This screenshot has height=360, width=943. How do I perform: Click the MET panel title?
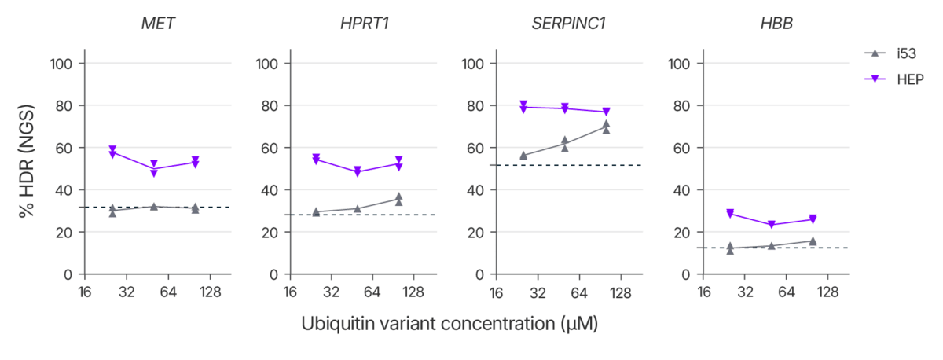click(x=157, y=24)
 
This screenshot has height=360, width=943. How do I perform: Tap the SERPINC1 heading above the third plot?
click(x=568, y=24)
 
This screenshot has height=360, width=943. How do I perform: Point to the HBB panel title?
click(x=776, y=24)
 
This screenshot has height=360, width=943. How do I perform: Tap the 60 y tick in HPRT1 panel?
click(x=270, y=148)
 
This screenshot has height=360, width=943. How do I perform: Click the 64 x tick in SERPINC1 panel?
click(x=579, y=292)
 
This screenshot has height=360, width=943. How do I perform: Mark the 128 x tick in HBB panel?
click(x=828, y=292)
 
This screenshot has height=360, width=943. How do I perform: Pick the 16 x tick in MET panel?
click(x=84, y=292)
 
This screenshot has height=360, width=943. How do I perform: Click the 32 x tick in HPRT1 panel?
click(x=331, y=292)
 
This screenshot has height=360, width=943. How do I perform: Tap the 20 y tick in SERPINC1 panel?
click(x=475, y=232)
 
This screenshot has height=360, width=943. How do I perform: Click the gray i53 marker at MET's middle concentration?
click(x=154, y=206)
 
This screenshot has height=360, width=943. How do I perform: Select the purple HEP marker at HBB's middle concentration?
click(x=772, y=225)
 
